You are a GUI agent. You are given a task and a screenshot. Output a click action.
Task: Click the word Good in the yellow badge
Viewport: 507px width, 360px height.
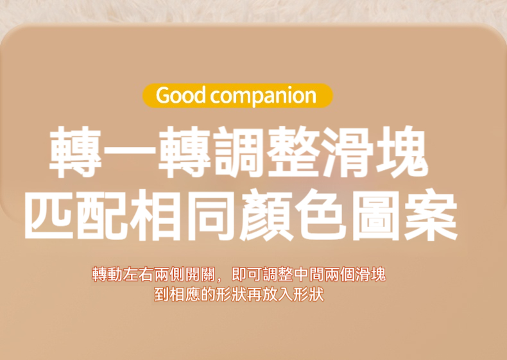pos(181,95)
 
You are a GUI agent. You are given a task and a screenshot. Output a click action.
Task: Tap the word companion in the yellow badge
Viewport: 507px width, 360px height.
pos(263,96)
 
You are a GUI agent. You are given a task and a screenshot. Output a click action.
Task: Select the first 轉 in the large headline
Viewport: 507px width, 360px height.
pos(76,152)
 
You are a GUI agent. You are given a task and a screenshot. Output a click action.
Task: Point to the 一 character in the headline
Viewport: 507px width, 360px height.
pos(130,153)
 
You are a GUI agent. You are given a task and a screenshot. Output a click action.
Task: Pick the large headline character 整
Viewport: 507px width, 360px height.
pos(293,152)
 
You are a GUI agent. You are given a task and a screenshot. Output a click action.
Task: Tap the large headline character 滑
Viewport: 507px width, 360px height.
pos(348,152)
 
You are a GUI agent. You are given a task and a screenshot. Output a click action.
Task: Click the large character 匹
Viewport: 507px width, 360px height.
pos(50,215)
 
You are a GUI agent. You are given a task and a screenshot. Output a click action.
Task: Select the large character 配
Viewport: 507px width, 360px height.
pos(104,215)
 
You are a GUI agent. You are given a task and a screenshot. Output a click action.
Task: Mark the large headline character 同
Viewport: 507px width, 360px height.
pos(212,215)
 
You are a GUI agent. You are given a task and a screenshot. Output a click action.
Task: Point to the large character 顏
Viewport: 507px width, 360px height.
pos(266,215)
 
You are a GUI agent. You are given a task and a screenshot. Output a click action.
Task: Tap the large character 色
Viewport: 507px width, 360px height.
pos(320,215)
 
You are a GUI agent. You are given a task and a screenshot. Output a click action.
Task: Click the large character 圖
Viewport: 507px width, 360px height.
pos(375,215)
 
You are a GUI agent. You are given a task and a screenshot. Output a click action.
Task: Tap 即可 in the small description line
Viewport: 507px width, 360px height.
pos(246,275)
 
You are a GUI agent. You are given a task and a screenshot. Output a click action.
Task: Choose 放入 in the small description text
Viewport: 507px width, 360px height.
pos(277,295)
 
